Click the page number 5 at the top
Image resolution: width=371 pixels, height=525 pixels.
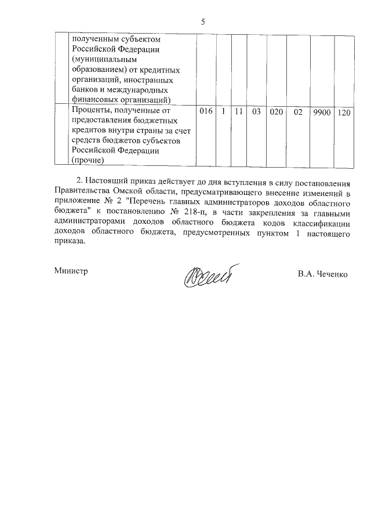point(203,22)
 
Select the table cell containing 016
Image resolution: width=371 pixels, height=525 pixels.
point(206,111)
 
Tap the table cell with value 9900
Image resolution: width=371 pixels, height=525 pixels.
point(321,112)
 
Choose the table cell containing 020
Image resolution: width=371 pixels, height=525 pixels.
point(276,111)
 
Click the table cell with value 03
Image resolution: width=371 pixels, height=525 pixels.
point(256,111)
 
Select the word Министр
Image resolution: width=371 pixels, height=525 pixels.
point(71,271)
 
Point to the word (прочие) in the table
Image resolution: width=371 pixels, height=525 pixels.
point(88,160)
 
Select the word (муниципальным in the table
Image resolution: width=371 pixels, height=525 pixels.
point(104,60)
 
